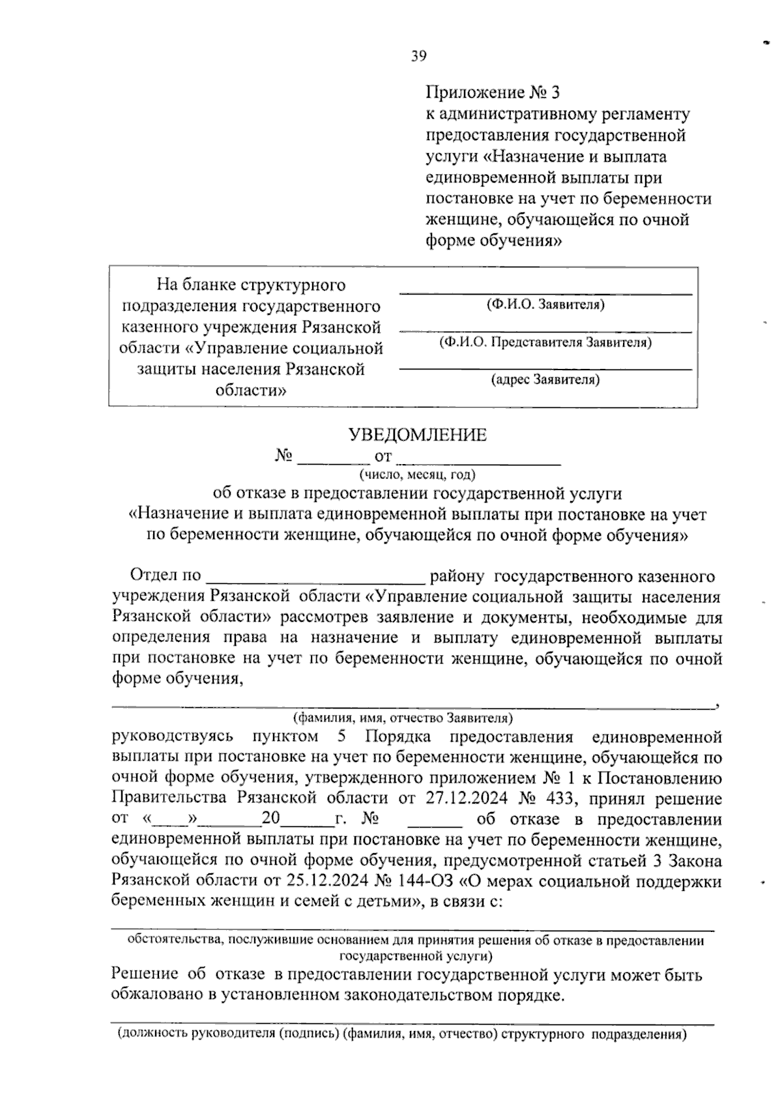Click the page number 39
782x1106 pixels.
[x=418, y=57]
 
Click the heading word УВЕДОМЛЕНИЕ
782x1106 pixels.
[x=418, y=435]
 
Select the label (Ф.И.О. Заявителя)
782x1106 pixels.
[x=545, y=304]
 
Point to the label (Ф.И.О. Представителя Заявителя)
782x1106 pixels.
[x=545, y=342]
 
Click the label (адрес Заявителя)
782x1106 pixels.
[x=545, y=379]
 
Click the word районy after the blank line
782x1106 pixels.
[x=457, y=577]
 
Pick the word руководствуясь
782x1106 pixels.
[x=172, y=737]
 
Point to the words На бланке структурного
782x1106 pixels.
[x=251, y=285]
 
